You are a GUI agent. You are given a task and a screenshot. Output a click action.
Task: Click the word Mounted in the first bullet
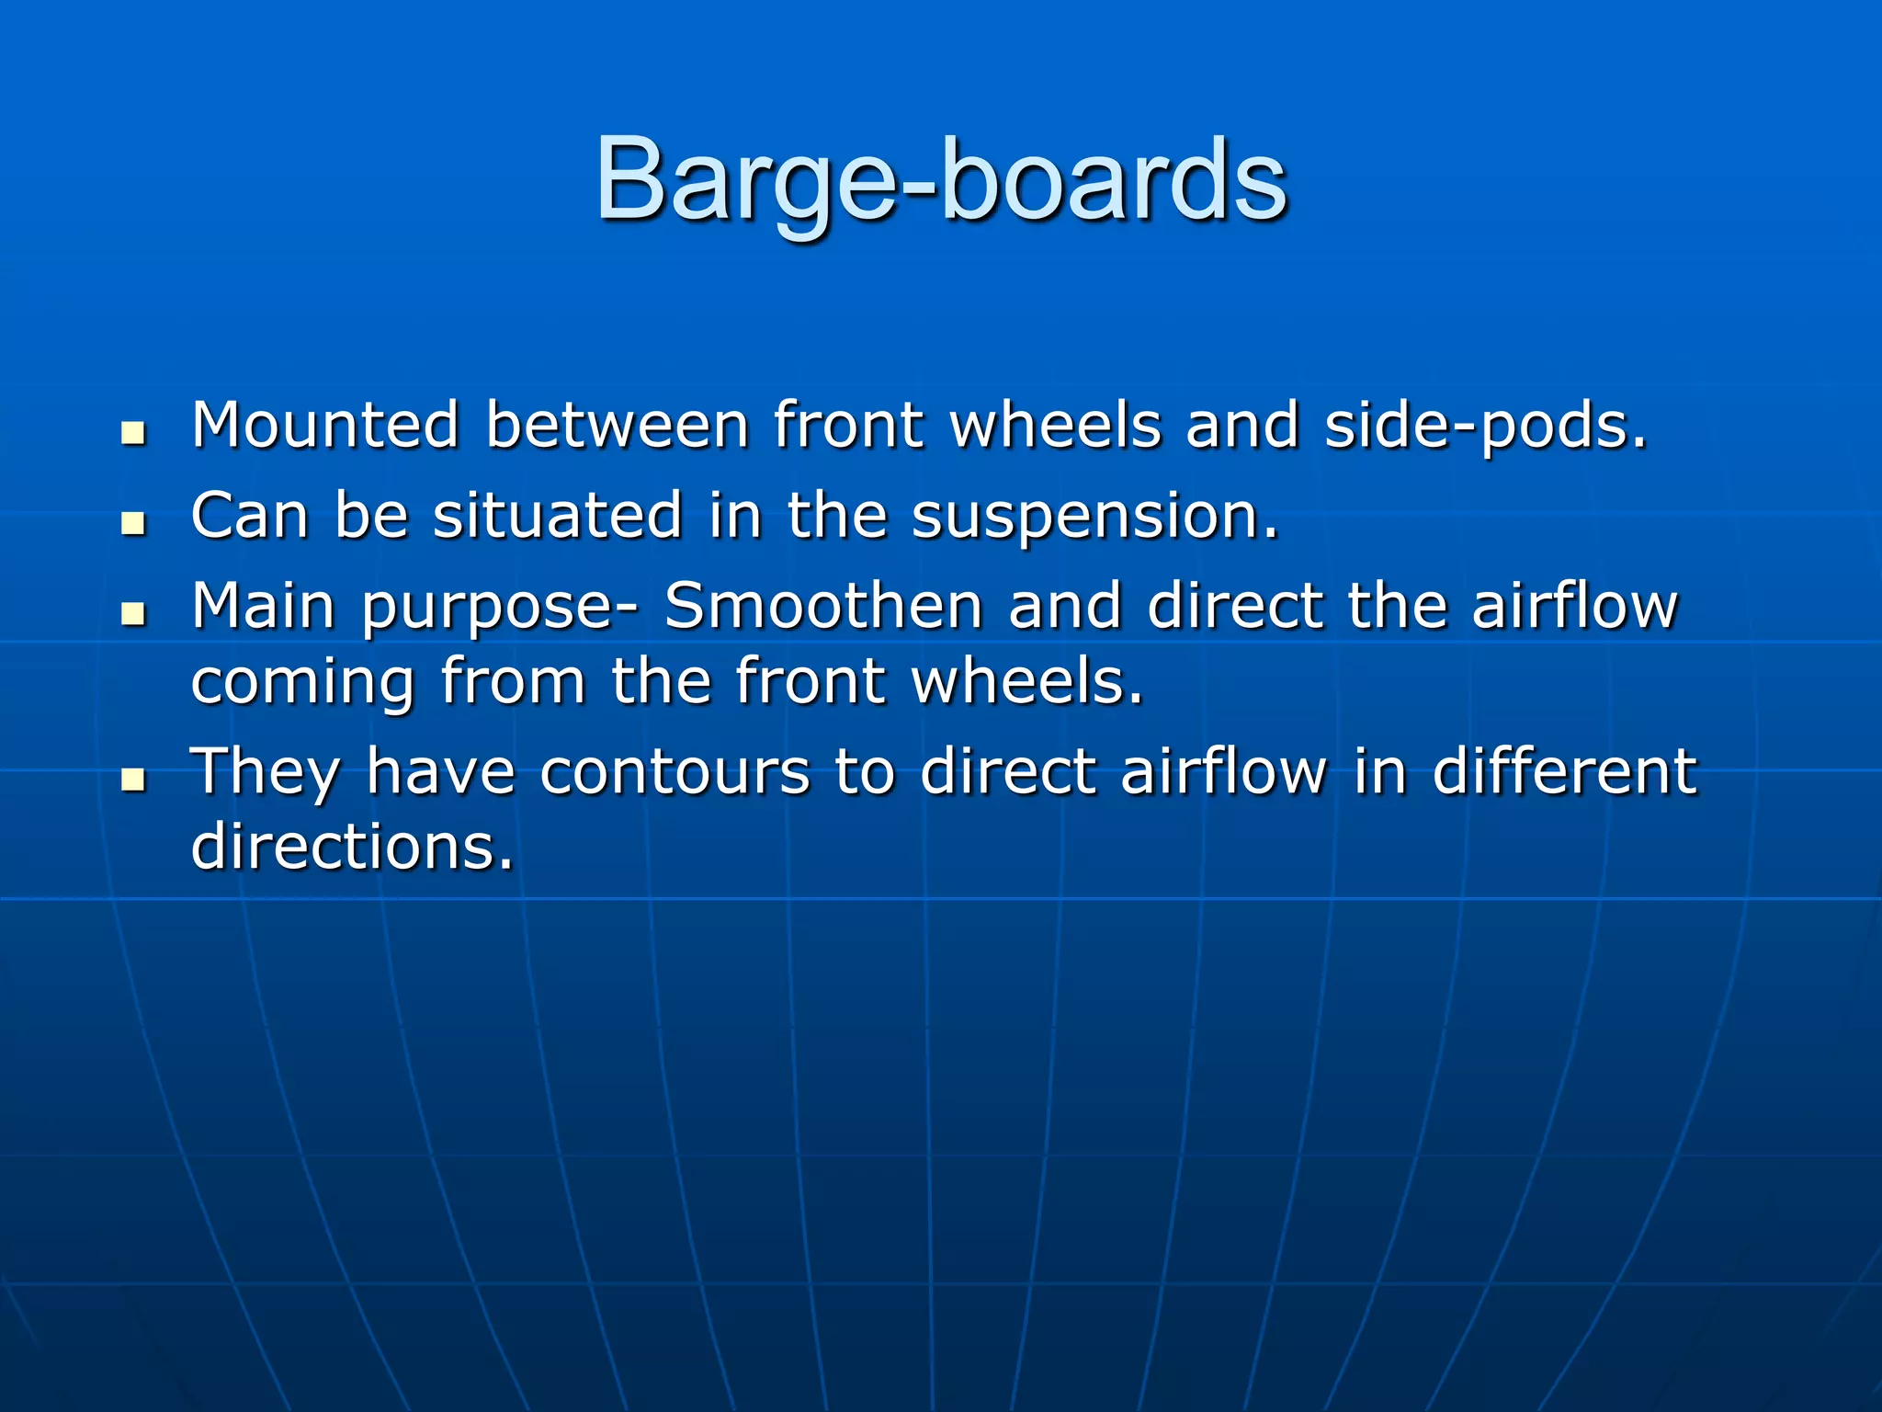click(x=324, y=425)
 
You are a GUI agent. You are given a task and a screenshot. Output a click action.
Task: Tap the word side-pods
click(x=1485, y=427)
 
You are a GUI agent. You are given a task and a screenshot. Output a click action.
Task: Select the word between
click(x=617, y=425)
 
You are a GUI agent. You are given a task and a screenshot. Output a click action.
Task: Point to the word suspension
click(x=1094, y=517)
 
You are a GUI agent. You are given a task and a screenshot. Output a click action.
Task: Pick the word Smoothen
click(x=823, y=606)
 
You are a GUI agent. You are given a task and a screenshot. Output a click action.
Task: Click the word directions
click(x=351, y=846)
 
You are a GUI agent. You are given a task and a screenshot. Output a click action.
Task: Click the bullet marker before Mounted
click(x=134, y=432)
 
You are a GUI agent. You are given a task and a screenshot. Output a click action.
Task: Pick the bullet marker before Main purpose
click(x=134, y=613)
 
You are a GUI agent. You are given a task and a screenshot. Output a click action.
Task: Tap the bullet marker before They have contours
click(x=134, y=779)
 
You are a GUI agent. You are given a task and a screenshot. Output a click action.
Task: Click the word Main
click(x=263, y=606)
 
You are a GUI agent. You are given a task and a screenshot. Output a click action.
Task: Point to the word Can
click(x=249, y=515)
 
